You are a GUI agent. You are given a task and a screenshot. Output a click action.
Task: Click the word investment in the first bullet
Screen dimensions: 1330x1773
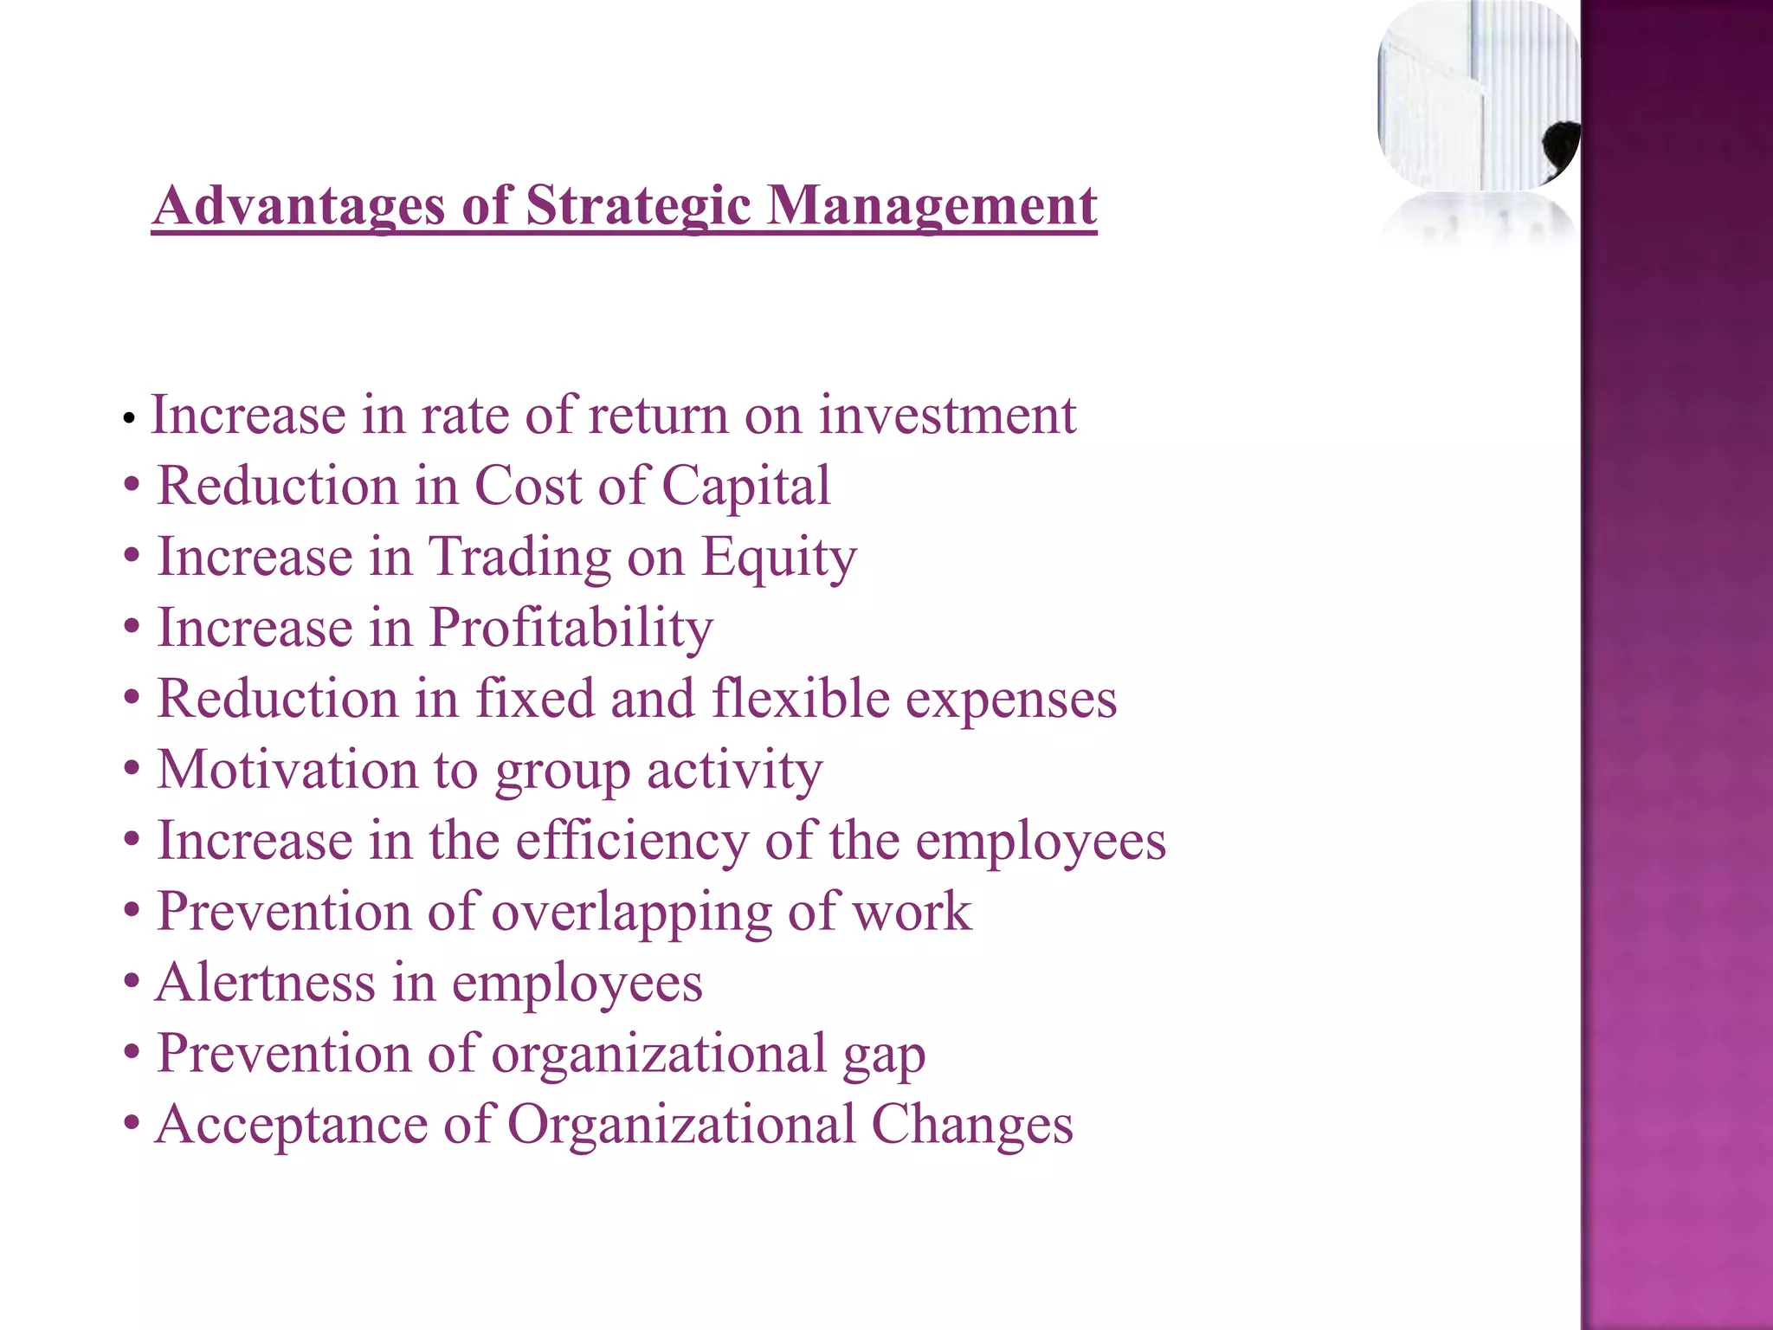click(x=947, y=415)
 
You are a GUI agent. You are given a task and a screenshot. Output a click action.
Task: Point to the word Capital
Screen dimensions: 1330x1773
click(x=745, y=487)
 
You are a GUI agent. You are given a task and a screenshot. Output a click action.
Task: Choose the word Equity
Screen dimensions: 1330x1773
click(x=778, y=558)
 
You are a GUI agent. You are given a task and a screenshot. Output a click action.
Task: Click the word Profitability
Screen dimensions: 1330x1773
click(x=571, y=629)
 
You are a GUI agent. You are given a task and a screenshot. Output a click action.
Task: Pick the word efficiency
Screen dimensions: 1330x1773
click(x=632, y=841)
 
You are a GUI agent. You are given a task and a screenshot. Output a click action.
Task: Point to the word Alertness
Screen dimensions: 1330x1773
click(x=265, y=983)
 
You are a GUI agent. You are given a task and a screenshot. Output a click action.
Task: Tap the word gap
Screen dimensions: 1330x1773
click(x=884, y=1056)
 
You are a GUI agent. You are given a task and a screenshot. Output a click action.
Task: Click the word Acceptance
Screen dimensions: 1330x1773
click(x=291, y=1126)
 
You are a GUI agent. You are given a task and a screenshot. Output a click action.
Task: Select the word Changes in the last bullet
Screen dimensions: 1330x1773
click(x=971, y=1125)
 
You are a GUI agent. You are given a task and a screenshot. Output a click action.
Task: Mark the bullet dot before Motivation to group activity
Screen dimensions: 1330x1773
click(x=131, y=770)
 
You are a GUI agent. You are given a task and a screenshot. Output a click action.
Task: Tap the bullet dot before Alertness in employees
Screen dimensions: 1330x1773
click(x=131, y=983)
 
